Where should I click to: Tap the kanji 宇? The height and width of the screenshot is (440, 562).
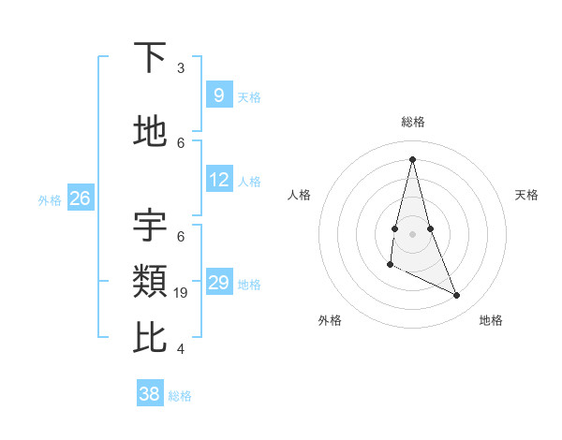[151, 226]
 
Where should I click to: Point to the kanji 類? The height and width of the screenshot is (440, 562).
[151, 280]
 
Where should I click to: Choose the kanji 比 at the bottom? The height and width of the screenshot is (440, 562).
[151, 336]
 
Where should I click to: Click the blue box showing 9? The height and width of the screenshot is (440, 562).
[218, 95]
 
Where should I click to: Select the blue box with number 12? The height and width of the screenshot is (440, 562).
[218, 180]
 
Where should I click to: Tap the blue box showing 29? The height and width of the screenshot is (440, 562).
[218, 283]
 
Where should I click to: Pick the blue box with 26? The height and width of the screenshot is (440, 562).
[80, 198]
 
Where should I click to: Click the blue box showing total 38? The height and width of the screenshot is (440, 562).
[150, 394]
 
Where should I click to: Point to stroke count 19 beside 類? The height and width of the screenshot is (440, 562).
[182, 293]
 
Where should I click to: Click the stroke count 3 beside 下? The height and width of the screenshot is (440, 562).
[181, 68]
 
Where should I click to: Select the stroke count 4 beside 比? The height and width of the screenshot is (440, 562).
[181, 349]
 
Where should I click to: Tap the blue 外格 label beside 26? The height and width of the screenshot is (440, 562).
[50, 199]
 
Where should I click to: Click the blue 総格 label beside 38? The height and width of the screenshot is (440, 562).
[180, 396]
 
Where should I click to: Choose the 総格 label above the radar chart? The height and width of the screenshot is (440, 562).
[412, 122]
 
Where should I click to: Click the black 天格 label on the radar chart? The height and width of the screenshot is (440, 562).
[526, 195]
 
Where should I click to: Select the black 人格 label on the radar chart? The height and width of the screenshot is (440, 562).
[299, 195]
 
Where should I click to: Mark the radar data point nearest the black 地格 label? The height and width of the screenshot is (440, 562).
[457, 296]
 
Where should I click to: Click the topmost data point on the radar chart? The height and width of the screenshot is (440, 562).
[412, 159]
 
